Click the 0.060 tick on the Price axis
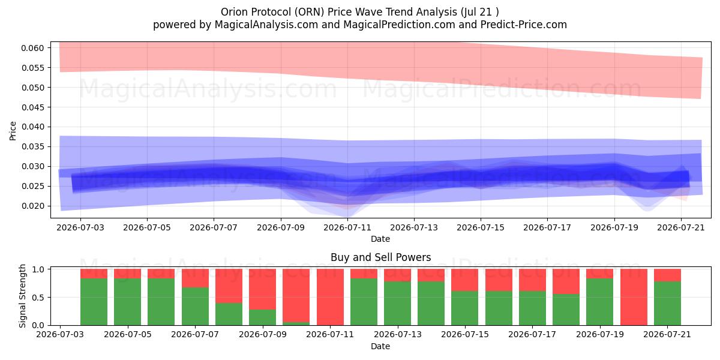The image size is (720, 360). coord(32,48)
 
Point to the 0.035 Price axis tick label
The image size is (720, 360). coord(32,146)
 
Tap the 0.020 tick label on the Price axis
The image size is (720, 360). coord(32,206)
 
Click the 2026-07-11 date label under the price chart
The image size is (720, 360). coord(347,227)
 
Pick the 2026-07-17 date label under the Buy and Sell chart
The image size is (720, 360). coord(532,334)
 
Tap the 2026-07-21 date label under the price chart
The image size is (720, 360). coord(681,227)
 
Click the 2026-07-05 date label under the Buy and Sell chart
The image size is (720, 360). coord(128,334)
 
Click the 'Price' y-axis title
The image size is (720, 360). coord(13,131)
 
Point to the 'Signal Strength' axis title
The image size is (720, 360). coord(22,296)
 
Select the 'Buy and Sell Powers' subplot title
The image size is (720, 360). coord(380,257)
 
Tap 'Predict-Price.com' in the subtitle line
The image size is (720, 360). coord(524,25)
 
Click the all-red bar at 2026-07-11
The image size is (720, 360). coord(330,297)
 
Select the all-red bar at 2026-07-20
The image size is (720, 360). coord(634,297)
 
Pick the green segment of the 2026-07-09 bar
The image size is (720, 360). coord(262,317)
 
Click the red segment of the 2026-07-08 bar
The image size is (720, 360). coord(229,286)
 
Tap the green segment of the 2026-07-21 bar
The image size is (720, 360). coord(667,303)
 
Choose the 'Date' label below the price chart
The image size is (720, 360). coord(380,239)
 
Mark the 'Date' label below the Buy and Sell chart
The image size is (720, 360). coord(380,346)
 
